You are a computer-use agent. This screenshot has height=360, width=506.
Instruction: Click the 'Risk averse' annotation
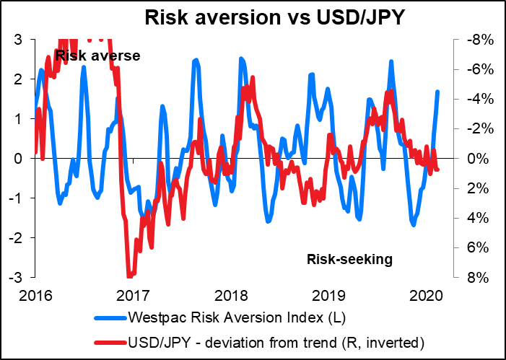pyautogui.click(x=97, y=55)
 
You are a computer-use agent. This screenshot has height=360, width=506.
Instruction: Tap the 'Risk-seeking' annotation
pyautogui.click(x=349, y=259)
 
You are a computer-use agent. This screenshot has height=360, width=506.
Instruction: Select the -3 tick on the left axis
pyautogui.click(x=15, y=277)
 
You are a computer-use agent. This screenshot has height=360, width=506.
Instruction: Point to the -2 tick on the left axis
pyautogui.click(x=15, y=237)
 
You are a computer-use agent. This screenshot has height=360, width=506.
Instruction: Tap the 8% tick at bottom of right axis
pyautogui.click(x=477, y=277)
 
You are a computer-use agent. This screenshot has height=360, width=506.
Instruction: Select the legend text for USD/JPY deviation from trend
pyautogui.click(x=265, y=340)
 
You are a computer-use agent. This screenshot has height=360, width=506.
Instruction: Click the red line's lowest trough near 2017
pyautogui.click(x=130, y=276)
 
